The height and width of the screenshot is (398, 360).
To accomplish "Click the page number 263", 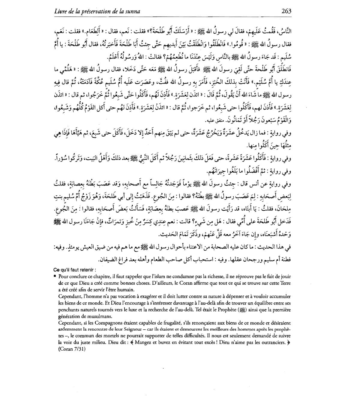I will (286, 11).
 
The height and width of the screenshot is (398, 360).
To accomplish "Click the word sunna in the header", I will (133, 11).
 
